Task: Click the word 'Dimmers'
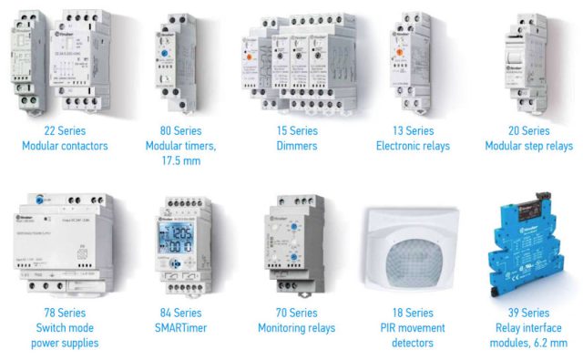297,146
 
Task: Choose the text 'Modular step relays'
528,146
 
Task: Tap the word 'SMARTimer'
178,328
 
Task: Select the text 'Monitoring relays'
297,328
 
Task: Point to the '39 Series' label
528,313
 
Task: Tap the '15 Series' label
297,130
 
